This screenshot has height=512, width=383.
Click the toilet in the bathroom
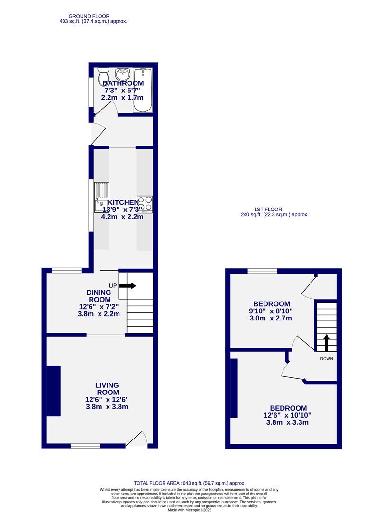pyautogui.click(x=103, y=75)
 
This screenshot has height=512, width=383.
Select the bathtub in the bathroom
pyautogui.click(x=143, y=90)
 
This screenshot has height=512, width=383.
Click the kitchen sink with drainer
pyautogui.click(x=101, y=197)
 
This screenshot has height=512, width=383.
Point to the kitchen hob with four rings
pyautogui.click(x=145, y=203)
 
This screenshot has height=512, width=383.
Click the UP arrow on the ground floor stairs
pyautogui.click(x=128, y=286)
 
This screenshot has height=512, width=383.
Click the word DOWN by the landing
pyautogui.click(x=327, y=359)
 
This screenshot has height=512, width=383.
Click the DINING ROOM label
pyautogui.click(x=99, y=296)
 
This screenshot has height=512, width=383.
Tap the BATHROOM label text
pyautogui.click(x=123, y=83)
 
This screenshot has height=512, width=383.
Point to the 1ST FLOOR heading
pyautogui.click(x=268, y=209)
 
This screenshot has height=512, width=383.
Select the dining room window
pyautogui.click(x=67, y=271)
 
